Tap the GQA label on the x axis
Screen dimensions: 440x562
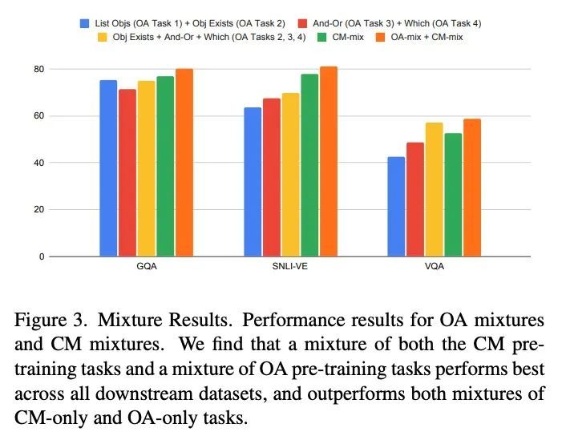click(146, 267)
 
